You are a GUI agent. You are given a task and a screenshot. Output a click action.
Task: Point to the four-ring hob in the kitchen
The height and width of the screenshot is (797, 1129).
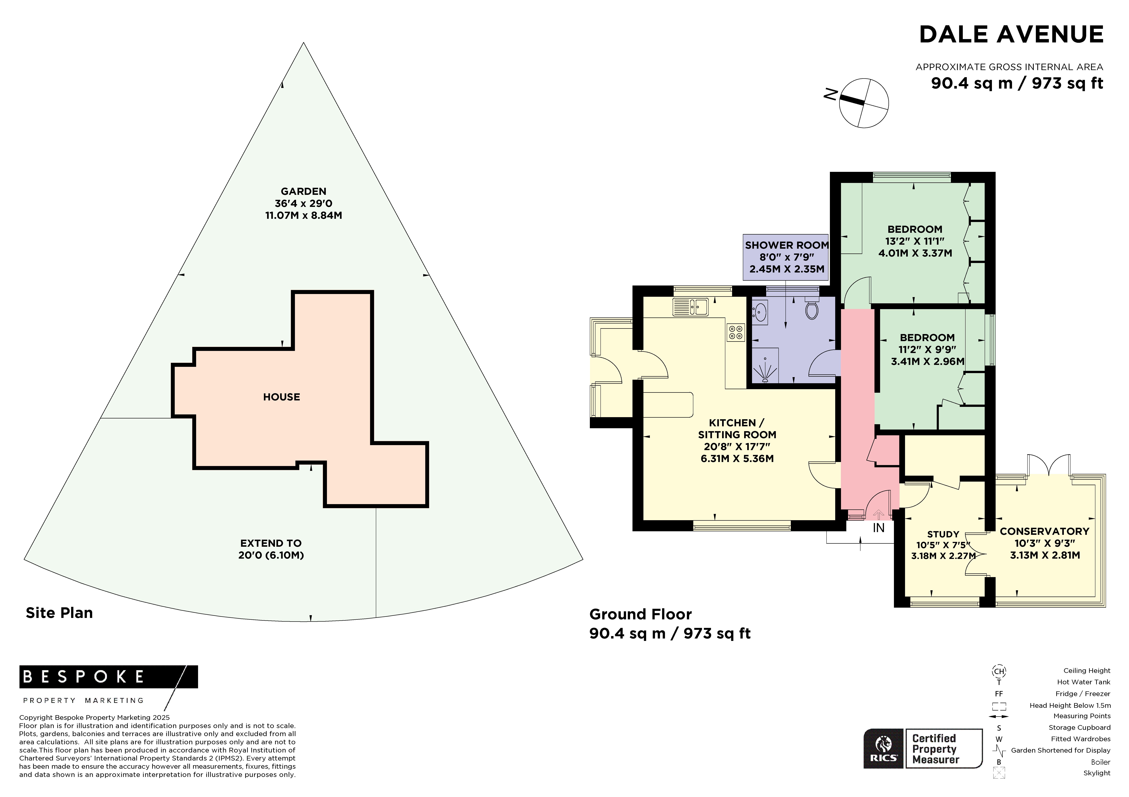coord(736,332)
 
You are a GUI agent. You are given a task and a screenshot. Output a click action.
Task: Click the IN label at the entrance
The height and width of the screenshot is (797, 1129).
coord(878,528)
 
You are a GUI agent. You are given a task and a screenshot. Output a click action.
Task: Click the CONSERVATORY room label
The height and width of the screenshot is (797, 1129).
coord(1044,531)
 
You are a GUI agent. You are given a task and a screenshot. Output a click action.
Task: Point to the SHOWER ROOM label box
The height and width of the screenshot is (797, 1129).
coord(786,257)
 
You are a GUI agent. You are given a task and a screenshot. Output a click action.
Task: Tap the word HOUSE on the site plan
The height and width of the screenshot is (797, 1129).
coord(281,397)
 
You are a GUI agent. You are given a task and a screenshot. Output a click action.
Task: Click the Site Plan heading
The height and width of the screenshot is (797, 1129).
coord(59,613)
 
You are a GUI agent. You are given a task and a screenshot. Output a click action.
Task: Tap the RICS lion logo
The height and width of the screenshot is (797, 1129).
coord(884,748)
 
